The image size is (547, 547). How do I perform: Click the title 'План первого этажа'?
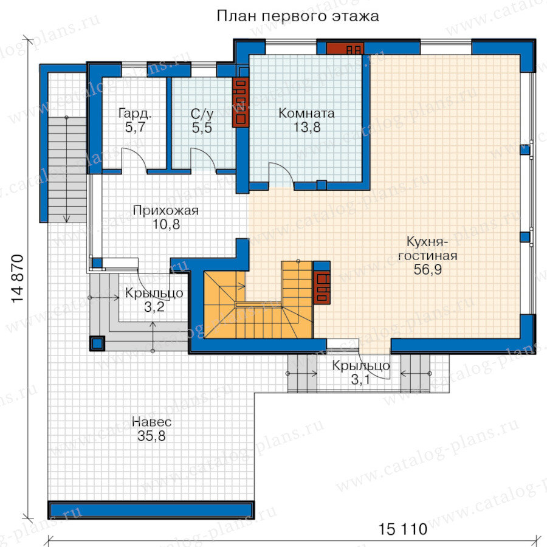coord(298,16)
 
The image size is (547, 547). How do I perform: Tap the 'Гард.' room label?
coord(136,114)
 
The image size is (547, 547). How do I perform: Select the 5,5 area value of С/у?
coord(202,128)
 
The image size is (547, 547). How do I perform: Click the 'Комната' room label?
coord(306,113)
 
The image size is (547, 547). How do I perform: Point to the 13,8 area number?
coord(306,128)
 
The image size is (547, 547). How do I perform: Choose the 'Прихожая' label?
coord(166,211)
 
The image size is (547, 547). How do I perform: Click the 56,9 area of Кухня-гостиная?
coord(428,270)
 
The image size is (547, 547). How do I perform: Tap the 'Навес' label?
coord(152,422)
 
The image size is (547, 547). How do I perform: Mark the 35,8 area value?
coord(151,436)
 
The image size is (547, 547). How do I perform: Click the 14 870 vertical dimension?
coord(18,279)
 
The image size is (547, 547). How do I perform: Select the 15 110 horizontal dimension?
coord(403,529)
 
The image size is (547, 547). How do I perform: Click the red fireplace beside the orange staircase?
coord(322,287)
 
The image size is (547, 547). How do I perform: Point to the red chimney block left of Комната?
coord(241,101)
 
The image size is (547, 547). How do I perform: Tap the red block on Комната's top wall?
coord(345,49)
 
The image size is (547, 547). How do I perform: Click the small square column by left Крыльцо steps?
coord(97,343)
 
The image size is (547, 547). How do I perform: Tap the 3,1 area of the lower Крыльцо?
coord(360,379)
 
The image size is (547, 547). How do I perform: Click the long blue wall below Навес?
coord(151,511)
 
